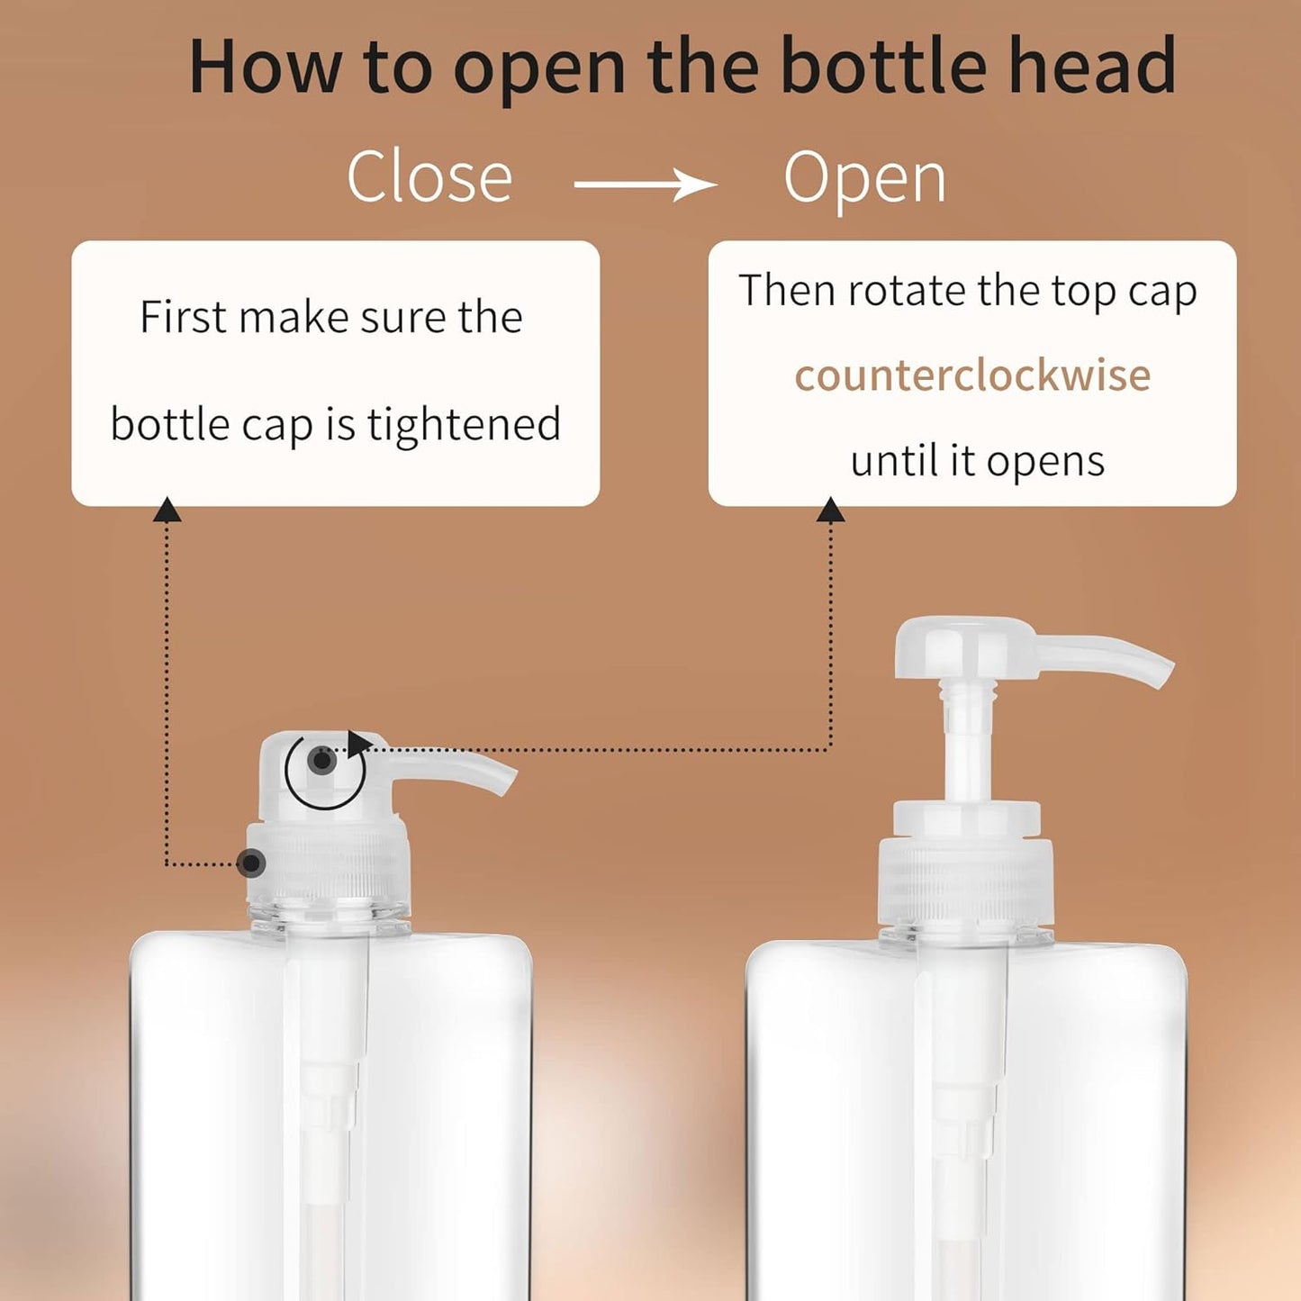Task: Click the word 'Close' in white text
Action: coord(429,176)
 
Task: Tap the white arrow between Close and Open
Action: coord(645,185)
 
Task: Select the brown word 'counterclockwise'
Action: coord(971,375)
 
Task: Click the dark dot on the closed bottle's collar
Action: coord(252,863)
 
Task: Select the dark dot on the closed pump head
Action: coord(321,762)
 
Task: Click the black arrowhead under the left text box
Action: coord(167,510)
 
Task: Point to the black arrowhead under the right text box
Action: coord(830,510)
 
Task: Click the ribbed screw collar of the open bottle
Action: coord(965,882)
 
